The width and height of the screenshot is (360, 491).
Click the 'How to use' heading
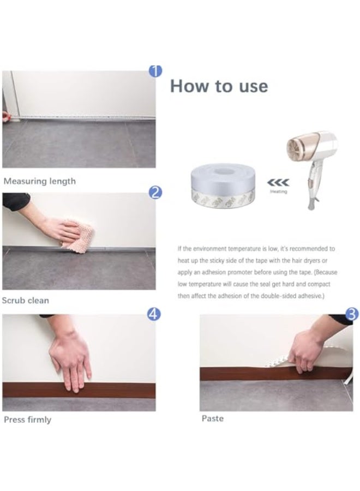pyautogui.click(x=219, y=86)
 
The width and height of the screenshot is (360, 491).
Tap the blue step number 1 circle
pyautogui.click(x=155, y=70)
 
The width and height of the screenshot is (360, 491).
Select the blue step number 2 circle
pyautogui.click(x=155, y=192)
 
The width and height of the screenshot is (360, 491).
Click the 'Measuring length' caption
pyautogui.click(x=40, y=181)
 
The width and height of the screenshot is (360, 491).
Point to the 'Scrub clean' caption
pyautogui.click(x=26, y=300)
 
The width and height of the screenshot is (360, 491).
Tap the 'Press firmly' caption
pyautogui.click(x=28, y=420)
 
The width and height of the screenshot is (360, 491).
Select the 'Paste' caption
pyautogui.click(x=213, y=418)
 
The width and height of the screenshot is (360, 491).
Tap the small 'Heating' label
pyautogui.click(x=279, y=192)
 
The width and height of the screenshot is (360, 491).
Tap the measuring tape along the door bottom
pyautogui.click(x=82, y=117)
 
